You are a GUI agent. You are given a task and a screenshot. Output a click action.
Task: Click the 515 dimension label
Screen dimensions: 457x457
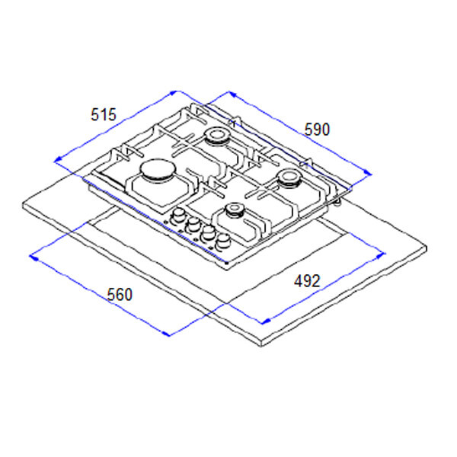coord(104,114)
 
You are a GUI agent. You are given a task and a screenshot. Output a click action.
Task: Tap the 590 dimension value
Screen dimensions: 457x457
coord(317,129)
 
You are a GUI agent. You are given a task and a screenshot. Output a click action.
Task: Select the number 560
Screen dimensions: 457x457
coord(120,295)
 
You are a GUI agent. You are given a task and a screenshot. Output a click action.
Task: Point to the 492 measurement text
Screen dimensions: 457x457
coord(307,281)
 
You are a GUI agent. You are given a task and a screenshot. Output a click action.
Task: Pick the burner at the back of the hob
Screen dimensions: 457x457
coord(216,136)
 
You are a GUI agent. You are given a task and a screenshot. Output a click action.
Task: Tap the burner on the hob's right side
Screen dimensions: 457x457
coord(289,178)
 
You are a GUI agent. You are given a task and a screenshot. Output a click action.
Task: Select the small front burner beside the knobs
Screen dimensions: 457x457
coord(235,210)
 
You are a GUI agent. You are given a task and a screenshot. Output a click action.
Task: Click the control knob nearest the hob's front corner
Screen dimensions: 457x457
coord(223,241)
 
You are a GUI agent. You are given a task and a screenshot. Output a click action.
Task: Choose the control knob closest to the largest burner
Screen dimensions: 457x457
coord(177,217)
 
